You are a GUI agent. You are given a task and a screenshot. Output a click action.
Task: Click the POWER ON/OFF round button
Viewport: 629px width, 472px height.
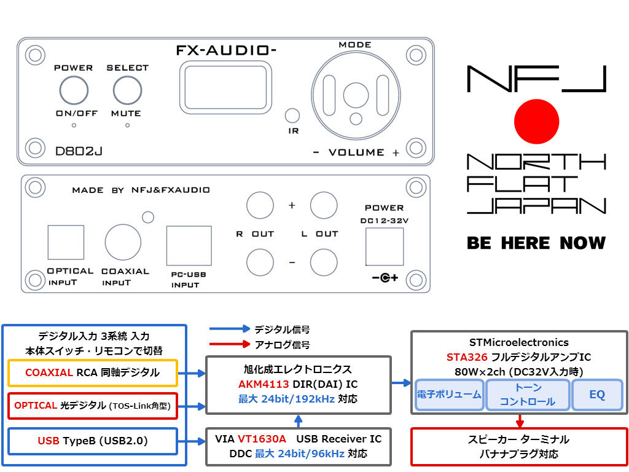73,90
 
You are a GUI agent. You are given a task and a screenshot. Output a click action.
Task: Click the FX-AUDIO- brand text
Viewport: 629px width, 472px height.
225,50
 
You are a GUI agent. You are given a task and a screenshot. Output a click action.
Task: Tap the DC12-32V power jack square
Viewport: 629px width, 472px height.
385,246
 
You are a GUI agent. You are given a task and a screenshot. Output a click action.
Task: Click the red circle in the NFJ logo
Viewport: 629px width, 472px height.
536,119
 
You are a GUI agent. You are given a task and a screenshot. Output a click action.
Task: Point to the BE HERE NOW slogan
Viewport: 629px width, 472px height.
536,243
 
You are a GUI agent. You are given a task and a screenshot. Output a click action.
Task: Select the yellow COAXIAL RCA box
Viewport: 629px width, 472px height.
93,372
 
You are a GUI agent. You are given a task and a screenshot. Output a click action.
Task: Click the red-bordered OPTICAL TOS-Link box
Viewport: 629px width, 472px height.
93,406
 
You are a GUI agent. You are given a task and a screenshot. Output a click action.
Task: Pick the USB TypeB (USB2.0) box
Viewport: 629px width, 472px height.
93,440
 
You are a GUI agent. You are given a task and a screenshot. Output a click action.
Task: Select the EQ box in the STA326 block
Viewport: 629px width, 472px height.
597,395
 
